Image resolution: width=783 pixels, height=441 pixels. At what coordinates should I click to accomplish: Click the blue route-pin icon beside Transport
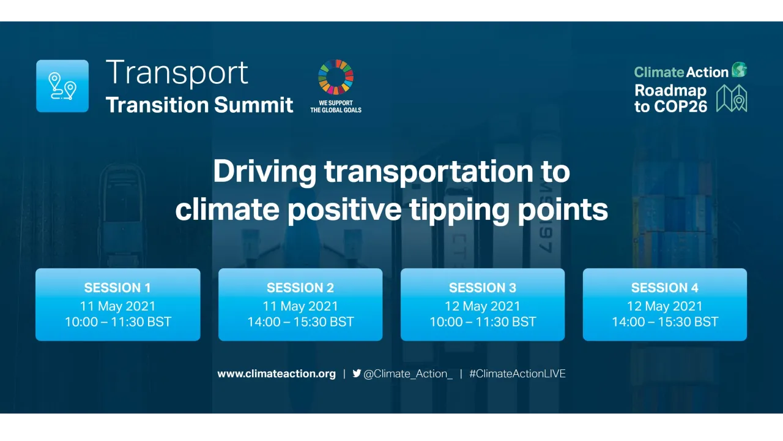[x=62, y=86]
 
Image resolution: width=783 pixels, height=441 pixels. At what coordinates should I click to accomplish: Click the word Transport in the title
[x=177, y=72]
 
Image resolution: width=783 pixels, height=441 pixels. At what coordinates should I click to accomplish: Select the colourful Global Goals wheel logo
[x=336, y=78]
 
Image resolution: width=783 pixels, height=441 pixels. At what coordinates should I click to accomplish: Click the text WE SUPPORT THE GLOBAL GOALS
[x=336, y=107]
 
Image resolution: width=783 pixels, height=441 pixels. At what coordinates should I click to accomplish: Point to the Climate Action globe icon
[x=739, y=70]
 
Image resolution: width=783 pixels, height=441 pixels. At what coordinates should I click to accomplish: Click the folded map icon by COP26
[x=732, y=98]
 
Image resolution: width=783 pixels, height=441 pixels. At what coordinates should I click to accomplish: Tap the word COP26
[x=680, y=106]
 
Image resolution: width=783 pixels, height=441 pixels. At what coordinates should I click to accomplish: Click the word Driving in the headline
[x=265, y=171]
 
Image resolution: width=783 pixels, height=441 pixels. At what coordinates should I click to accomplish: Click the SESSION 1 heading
[x=117, y=288]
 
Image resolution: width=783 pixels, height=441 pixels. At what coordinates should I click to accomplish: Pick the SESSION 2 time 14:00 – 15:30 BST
[x=300, y=322]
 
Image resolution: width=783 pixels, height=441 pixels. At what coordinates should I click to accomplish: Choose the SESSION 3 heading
[x=483, y=288]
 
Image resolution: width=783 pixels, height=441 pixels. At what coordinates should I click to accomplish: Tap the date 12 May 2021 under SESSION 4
[x=665, y=306]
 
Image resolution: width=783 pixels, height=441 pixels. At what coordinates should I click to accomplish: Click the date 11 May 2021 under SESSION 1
[x=117, y=306]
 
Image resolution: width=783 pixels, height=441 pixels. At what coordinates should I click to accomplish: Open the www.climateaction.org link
[x=276, y=374]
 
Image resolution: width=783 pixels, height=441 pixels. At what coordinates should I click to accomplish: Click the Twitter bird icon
[x=357, y=373]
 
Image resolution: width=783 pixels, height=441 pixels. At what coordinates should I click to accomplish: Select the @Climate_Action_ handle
[x=408, y=374]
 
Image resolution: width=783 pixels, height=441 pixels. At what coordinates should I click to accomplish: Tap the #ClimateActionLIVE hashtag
[x=518, y=374]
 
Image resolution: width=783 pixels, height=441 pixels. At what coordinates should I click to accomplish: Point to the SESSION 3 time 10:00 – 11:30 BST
[x=483, y=322]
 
